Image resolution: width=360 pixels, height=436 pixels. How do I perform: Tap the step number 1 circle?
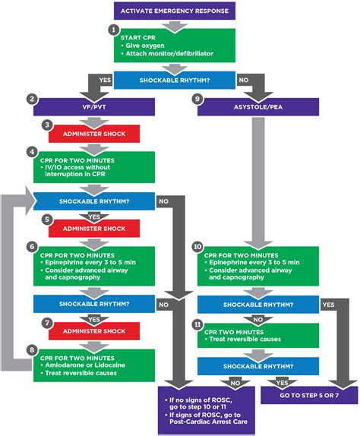click(114, 30)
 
